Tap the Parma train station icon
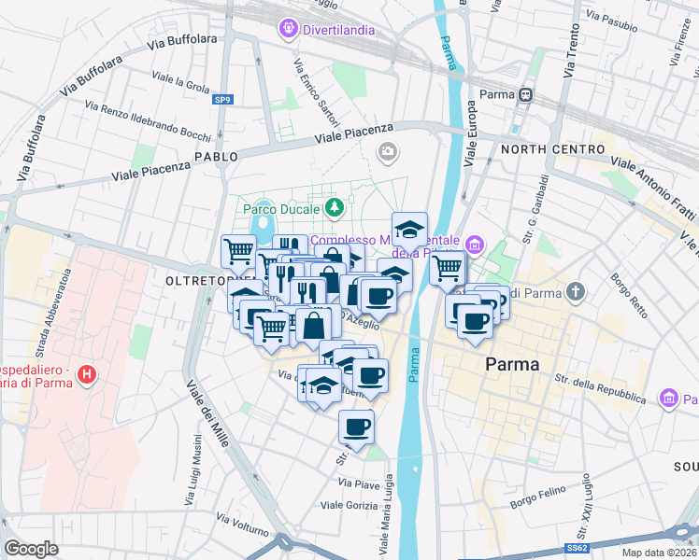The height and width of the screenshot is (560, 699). [526, 94]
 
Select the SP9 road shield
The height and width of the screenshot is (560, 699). [222, 99]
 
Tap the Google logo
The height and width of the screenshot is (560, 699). [31, 548]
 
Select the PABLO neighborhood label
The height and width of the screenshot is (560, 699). [211, 156]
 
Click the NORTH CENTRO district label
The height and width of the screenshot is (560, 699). [553, 149]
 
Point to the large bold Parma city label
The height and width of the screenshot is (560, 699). [512, 364]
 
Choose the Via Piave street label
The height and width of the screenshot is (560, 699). [359, 483]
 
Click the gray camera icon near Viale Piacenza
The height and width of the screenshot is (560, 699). [387, 151]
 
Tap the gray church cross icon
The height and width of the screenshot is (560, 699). [577, 292]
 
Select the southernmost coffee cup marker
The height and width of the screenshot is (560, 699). [356, 427]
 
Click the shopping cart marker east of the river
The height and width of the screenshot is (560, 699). [448, 267]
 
